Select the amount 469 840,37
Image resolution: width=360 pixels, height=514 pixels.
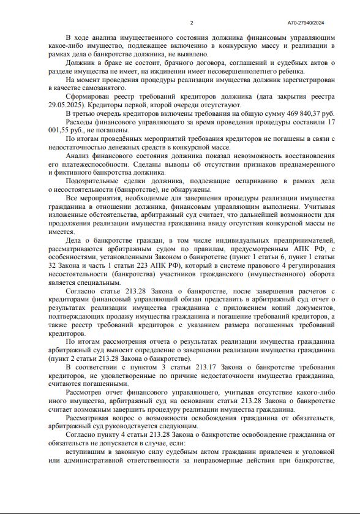(299, 113)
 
